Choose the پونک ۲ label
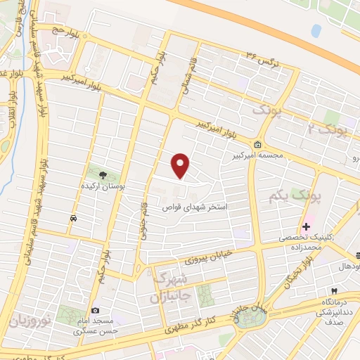328,128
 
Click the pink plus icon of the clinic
306,226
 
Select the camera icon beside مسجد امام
96,310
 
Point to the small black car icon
73,219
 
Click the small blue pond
316,31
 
